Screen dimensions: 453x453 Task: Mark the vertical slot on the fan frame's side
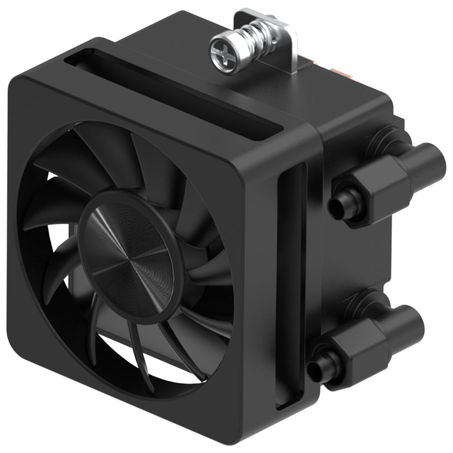[290, 281]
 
